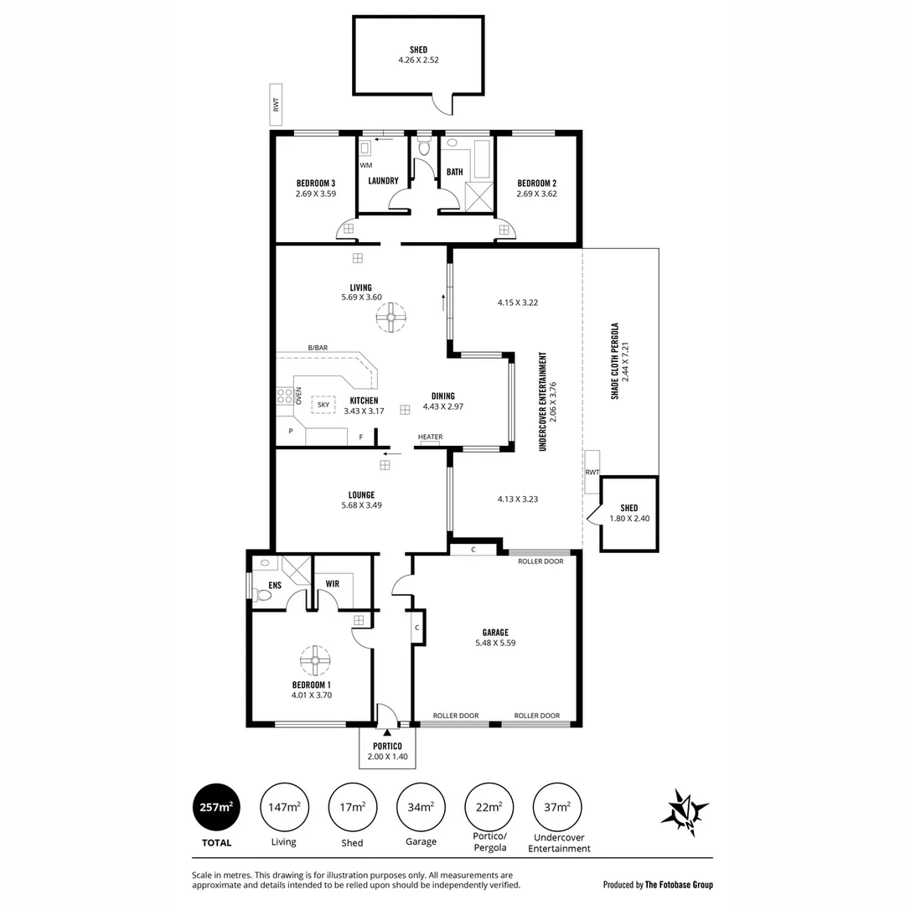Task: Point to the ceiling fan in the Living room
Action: (x=390, y=318)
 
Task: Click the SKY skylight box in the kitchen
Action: (x=323, y=405)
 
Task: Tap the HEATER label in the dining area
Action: (x=430, y=437)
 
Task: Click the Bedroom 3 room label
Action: (x=315, y=184)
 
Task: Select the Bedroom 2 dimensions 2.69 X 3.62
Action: (x=536, y=194)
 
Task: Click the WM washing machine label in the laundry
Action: (x=366, y=166)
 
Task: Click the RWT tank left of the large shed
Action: (x=274, y=105)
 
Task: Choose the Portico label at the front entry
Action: (x=387, y=746)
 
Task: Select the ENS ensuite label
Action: (x=274, y=584)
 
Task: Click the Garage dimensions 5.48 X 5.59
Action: (x=495, y=643)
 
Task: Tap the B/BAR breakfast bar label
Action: (x=318, y=348)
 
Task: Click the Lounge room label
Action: (x=362, y=494)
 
